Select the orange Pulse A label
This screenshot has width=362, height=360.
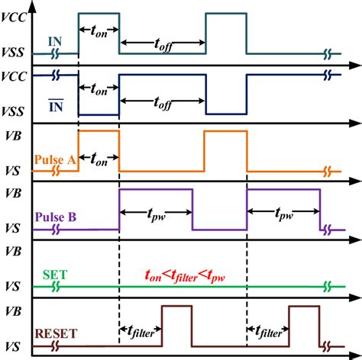click(x=53, y=161)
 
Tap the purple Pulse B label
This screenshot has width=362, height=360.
click(x=55, y=217)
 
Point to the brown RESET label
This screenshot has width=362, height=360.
click(x=57, y=332)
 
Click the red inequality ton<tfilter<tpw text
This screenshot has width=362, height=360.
click(x=189, y=276)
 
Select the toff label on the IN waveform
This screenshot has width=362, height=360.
click(x=162, y=44)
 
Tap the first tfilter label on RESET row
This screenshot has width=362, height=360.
click(x=139, y=333)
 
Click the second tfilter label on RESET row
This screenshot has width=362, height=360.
click(x=267, y=333)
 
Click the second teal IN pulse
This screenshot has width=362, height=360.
click(x=225, y=34)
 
